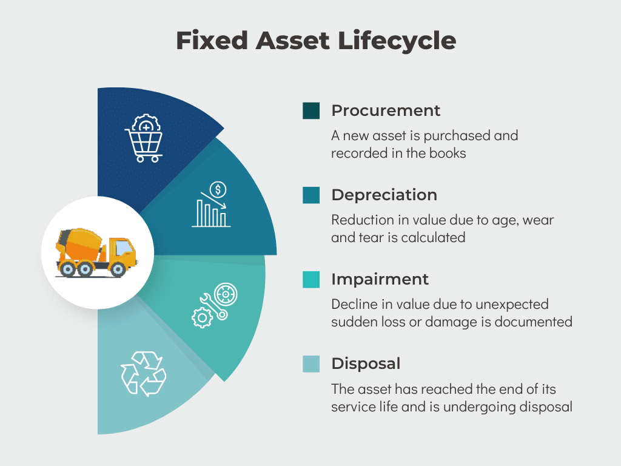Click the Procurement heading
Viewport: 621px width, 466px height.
[x=386, y=110]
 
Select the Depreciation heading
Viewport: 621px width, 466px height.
[x=384, y=195]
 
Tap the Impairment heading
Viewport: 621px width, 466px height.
[x=380, y=279]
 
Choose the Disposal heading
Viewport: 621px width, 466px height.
[x=366, y=363]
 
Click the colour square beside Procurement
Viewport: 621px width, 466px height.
[x=311, y=111]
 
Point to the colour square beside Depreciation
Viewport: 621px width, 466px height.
[x=311, y=195]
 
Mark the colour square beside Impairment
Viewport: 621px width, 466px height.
[x=311, y=280]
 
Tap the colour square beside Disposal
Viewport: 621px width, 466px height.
[x=311, y=364]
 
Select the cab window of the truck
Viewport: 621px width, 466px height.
[x=123, y=247]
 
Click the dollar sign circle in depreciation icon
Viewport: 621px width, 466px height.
[x=218, y=189]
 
